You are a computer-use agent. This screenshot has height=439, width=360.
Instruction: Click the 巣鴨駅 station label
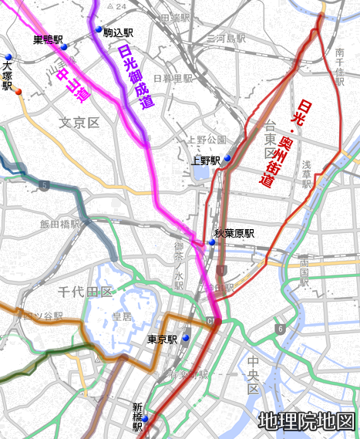[x=48, y=39]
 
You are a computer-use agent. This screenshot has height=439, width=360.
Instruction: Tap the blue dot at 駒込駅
[x=99, y=30]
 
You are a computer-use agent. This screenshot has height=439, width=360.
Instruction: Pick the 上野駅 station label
[x=206, y=161]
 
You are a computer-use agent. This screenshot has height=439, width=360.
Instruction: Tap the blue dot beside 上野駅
[x=227, y=158]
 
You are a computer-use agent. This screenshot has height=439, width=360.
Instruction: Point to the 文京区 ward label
[x=80, y=123]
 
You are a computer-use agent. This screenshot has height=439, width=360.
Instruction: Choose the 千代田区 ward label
[x=86, y=292]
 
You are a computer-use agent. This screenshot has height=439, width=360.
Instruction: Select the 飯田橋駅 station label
[x=60, y=225]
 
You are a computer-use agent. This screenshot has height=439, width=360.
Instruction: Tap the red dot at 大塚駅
[x=19, y=91]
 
